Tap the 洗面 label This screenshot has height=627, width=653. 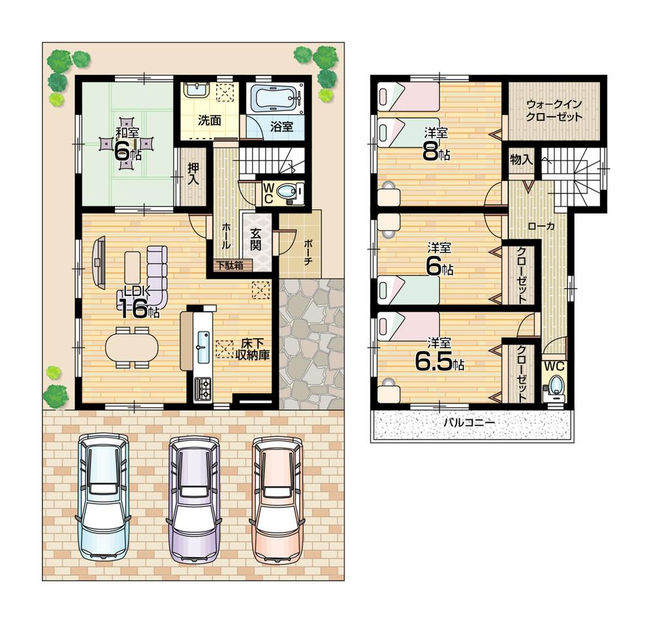pos(209,121)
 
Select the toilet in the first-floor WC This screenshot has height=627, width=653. pos(287,192)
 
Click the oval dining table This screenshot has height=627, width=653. pos(132,346)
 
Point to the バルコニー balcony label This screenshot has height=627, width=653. pos(469,423)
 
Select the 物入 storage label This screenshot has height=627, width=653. pos(522,159)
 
